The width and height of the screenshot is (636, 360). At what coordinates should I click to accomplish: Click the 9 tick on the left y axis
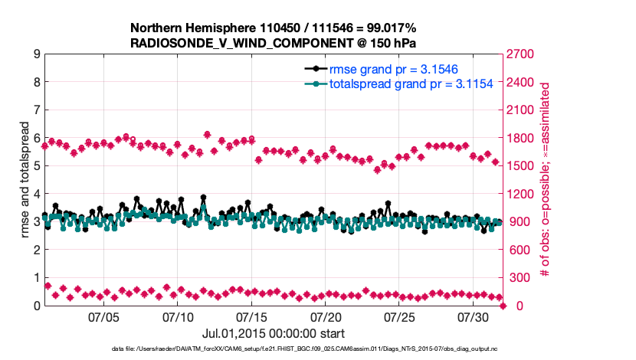pyautogui.click(x=36, y=54)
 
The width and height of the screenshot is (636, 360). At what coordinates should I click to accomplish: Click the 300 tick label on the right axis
pyautogui.click(x=518, y=278)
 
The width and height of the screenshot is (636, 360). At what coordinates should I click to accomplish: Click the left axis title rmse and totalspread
pyautogui.click(x=25, y=180)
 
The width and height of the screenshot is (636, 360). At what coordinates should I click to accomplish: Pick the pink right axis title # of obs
pyautogui.click(x=545, y=180)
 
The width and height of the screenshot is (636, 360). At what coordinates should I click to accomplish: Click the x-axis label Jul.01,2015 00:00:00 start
pyautogui.click(x=274, y=333)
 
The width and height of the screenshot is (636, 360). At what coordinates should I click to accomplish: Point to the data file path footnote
pyautogui.click(x=274, y=349)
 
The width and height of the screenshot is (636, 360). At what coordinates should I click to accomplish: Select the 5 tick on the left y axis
pyautogui.click(x=36, y=166)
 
